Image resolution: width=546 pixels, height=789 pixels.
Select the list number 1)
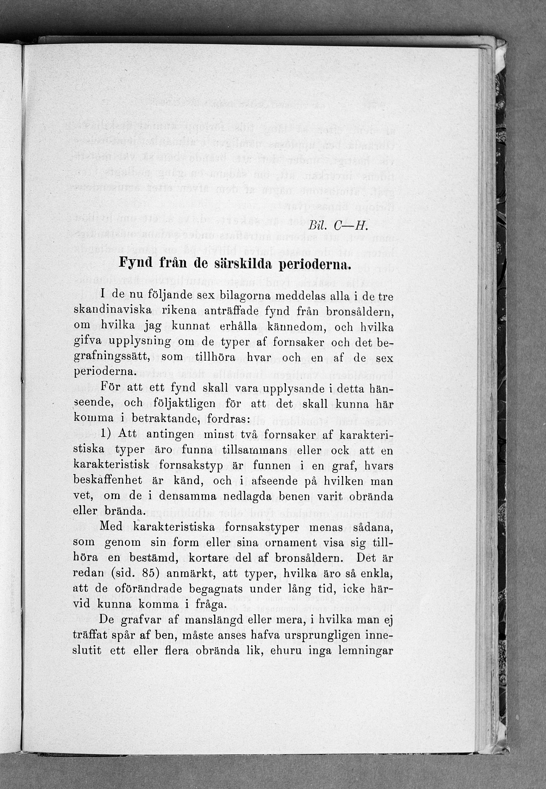point(105,434)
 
